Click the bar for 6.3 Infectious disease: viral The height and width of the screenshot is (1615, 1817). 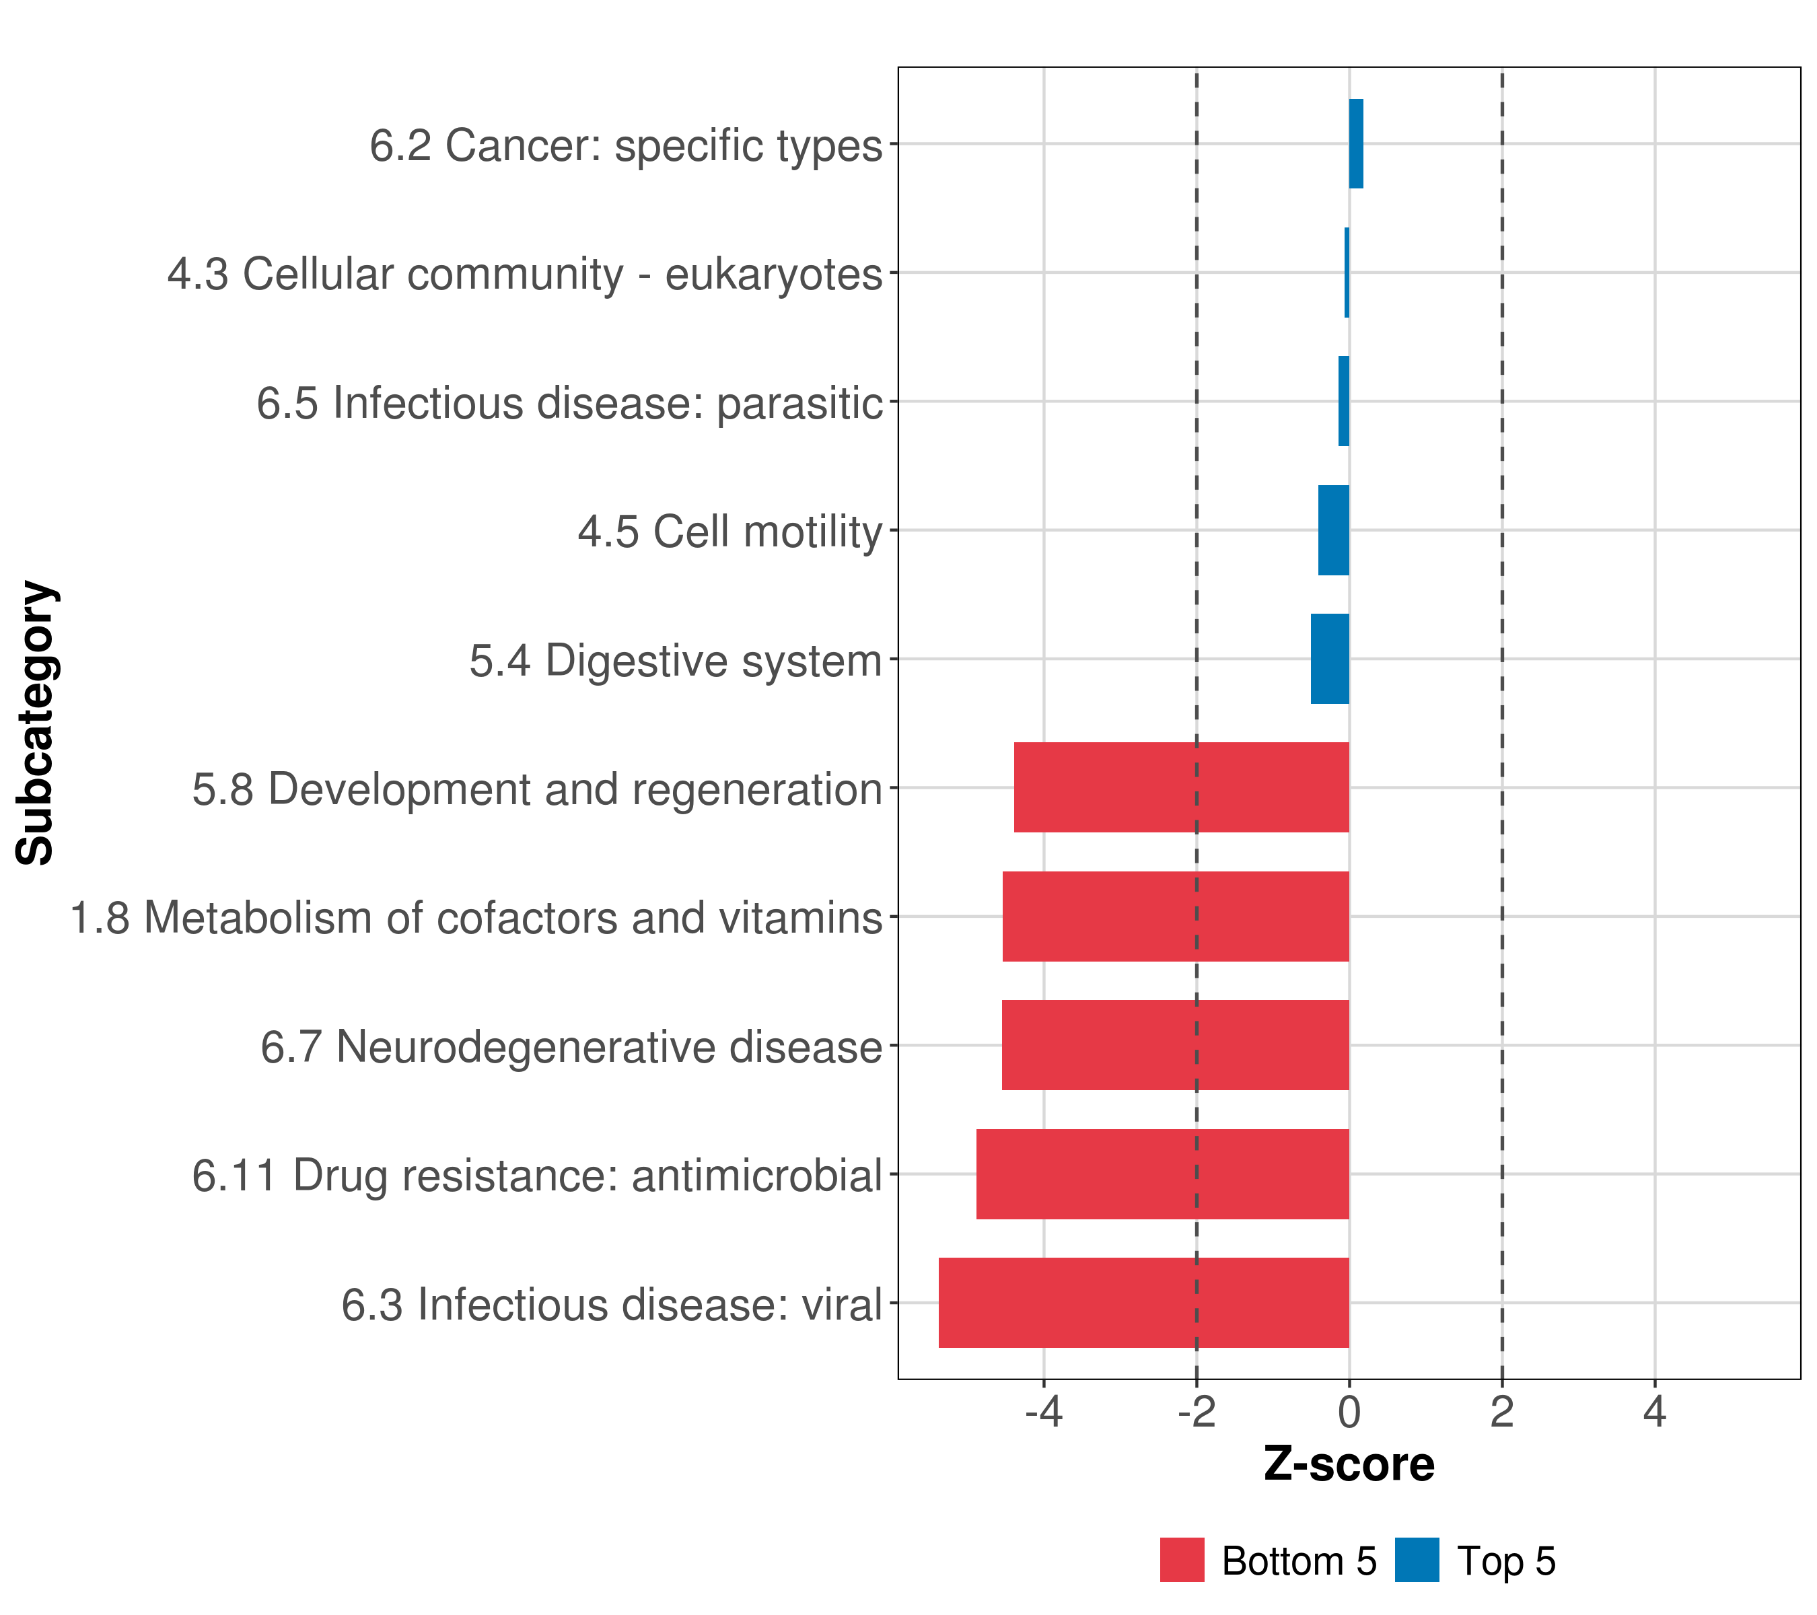click(x=1143, y=1302)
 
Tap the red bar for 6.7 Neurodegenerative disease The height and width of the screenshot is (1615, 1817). click(x=1174, y=1044)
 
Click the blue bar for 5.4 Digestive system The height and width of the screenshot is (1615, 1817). click(x=1329, y=659)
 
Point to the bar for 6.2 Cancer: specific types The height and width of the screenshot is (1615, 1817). click(x=1355, y=143)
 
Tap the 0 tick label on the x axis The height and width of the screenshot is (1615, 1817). click(x=1349, y=1412)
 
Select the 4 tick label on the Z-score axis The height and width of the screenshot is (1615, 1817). click(x=1653, y=1412)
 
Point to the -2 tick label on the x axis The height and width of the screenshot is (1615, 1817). click(x=1196, y=1412)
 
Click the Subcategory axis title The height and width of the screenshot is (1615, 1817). click(x=36, y=723)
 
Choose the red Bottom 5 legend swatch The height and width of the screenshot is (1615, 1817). click(x=1182, y=1560)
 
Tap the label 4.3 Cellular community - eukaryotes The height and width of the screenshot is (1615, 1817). click(x=524, y=274)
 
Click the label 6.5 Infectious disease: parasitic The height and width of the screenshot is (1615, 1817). click(x=569, y=402)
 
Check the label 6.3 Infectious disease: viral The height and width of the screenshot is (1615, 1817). click(x=612, y=1305)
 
